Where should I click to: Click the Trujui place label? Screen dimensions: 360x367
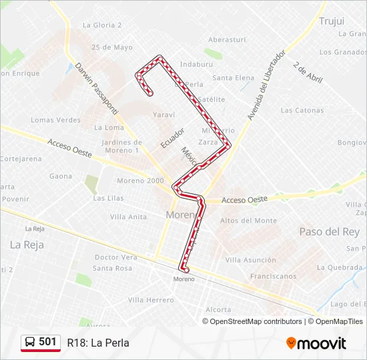pyautogui.click(x=331, y=21)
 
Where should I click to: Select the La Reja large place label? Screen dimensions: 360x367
pyautogui.click(x=27, y=245)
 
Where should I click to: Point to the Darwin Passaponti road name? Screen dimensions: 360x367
pyautogui.click(x=96, y=87)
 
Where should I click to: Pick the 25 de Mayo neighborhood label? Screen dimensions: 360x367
pyautogui.click(x=112, y=47)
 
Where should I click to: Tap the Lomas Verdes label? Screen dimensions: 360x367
pyautogui.click(x=55, y=120)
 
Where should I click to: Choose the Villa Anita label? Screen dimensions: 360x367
pyautogui.click(x=128, y=217)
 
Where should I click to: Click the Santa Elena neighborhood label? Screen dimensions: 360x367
pyautogui.click(x=233, y=78)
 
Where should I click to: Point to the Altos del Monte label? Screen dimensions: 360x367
pyautogui.click(x=248, y=221)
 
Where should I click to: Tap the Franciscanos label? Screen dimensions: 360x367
pyautogui.click(x=273, y=275)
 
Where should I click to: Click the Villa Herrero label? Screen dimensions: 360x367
pyautogui.click(x=151, y=301)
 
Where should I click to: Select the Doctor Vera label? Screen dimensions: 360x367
pyautogui.click(x=115, y=257)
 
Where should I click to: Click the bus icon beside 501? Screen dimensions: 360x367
pyautogui.click(x=30, y=342)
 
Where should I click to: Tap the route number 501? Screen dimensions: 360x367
pyautogui.click(x=47, y=342)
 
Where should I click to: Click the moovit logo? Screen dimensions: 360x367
pyautogui.click(x=316, y=343)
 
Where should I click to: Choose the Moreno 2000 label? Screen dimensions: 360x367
pyautogui.click(x=139, y=181)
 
